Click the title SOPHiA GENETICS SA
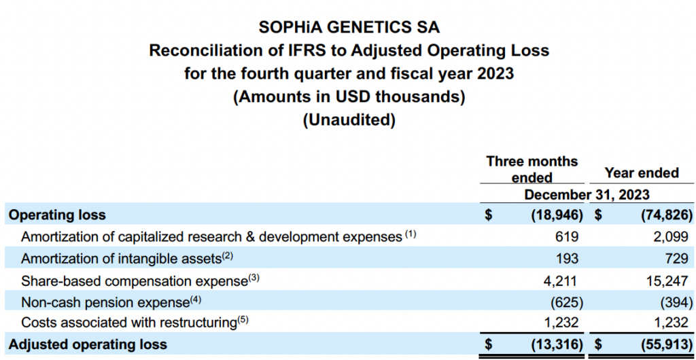[349, 27]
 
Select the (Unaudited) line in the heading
[349, 120]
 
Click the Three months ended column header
[532, 169]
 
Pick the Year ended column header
[642, 173]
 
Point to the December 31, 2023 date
[587, 194]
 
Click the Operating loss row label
[57, 215]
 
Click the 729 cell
[679, 258]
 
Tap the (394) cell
[676, 301]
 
